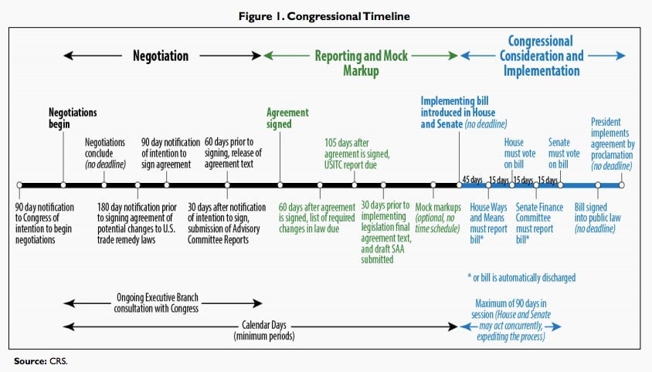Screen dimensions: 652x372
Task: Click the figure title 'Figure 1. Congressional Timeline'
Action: pos(324,16)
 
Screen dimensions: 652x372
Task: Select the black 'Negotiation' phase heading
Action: pos(161,56)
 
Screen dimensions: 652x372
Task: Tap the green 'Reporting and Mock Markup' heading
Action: pos(361,63)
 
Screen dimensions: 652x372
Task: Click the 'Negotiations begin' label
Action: pos(73,118)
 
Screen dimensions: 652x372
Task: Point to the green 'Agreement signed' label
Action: pos(287,118)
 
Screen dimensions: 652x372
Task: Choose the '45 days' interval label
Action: pos(472,180)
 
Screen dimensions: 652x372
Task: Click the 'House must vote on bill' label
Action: pos(520,154)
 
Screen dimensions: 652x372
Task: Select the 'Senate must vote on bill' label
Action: pos(564,154)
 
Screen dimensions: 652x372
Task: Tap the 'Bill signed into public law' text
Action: pos(597,212)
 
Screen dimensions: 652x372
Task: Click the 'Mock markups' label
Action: pos(438,207)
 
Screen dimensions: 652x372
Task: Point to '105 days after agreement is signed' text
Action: pos(357,148)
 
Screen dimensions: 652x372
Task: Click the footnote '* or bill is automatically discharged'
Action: pos(522,278)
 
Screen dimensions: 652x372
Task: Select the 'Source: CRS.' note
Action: pos(41,361)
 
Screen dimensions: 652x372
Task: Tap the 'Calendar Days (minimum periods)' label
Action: pos(264,330)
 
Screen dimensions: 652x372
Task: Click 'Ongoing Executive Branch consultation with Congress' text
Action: pos(156,303)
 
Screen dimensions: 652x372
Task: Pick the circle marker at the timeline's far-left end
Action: pos(19,185)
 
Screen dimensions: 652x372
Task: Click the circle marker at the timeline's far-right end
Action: pos(622,185)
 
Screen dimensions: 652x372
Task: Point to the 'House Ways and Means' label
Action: pos(488,212)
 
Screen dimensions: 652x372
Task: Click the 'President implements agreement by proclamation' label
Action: pos(613,144)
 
